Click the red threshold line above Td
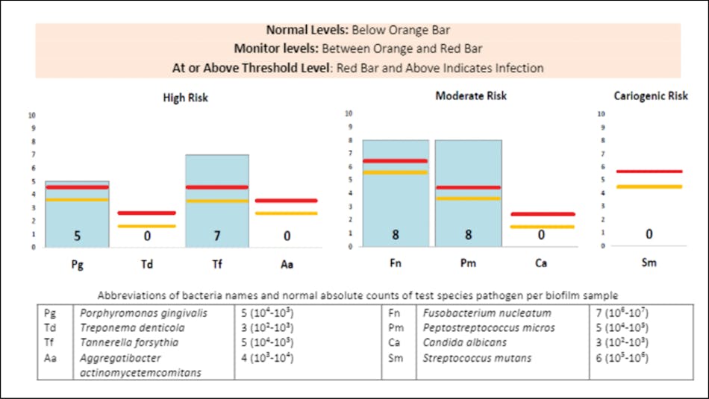point(147,213)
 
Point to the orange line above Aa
point(287,213)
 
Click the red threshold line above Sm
point(649,172)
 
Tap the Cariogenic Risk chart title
point(651,96)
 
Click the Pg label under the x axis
point(76,263)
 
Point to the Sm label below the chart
point(649,263)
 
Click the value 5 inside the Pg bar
point(77,236)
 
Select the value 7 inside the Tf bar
point(216,236)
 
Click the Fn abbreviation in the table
point(394,313)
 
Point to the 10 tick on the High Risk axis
point(32,116)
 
